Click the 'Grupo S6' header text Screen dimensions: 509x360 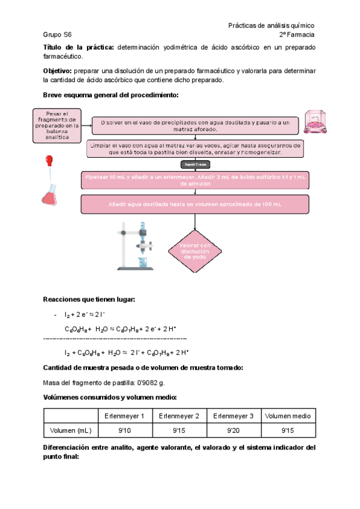[57, 35]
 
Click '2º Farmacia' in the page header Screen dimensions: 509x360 [296, 35]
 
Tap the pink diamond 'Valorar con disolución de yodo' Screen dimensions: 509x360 [195, 251]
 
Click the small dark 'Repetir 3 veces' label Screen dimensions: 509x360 [194, 164]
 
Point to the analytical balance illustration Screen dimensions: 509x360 [316, 122]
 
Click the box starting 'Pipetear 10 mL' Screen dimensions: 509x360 [194, 180]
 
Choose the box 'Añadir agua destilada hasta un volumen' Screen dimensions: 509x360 [194, 205]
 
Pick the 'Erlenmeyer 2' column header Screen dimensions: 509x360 [179, 416]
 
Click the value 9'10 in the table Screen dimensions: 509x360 [124, 430]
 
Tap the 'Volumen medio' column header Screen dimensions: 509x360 [288, 416]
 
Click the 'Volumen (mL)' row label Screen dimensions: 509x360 [70, 430]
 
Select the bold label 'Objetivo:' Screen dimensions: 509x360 [58, 71]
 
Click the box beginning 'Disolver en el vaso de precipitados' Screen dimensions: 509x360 [194, 125]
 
